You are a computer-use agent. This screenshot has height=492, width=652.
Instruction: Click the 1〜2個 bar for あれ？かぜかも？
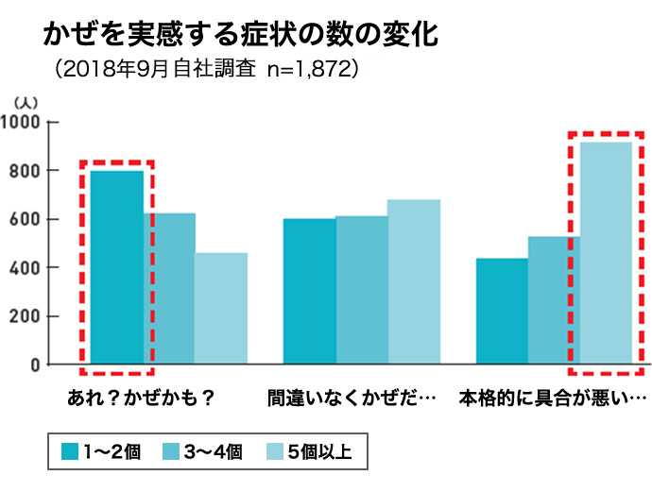[x=117, y=267]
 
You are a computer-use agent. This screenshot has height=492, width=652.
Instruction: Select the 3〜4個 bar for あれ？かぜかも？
[x=169, y=288]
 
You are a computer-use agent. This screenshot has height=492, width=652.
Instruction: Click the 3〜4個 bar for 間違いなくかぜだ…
[x=362, y=290]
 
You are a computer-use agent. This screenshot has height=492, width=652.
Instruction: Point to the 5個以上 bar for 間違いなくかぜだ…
[x=414, y=281]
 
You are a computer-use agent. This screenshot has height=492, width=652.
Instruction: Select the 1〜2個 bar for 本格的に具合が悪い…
[x=502, y=311]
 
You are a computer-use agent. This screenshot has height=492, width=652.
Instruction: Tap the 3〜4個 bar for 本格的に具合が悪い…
[x=554, y=299]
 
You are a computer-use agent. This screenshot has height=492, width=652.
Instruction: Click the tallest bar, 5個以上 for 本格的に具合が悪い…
[x=606, y=252]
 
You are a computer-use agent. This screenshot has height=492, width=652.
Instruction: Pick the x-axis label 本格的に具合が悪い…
[x=553, y=396]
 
